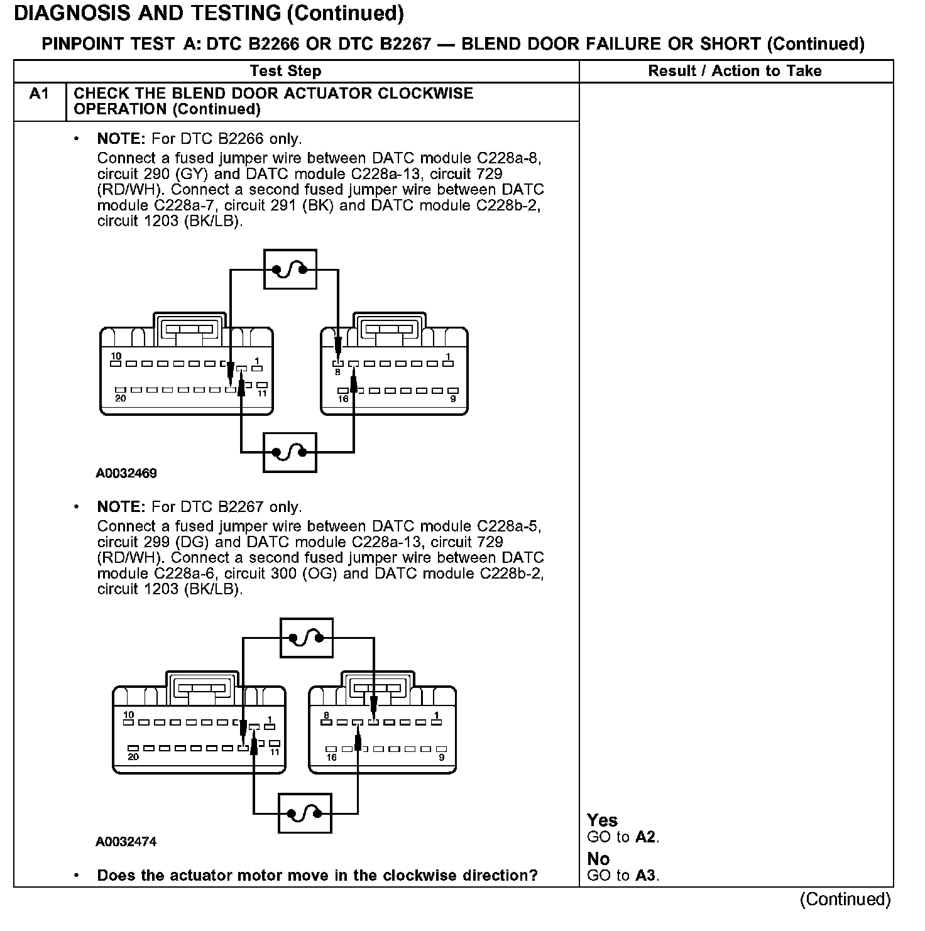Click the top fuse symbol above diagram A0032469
[290, 269]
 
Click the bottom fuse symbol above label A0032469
[290, 452]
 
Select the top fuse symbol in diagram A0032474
[306, 638]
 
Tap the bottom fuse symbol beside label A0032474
[305, 814]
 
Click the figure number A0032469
[126, 473]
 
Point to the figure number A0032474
[126, 842]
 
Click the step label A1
[39, 94]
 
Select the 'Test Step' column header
[285, 71]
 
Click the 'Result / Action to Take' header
[735, 71]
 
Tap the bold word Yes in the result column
[602, 820]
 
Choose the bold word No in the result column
[598, 859]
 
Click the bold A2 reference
[645, 837]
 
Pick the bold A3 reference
[645, 875]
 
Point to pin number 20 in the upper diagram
[119, 398]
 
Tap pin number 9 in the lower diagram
[441, 757]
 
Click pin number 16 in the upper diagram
[343, 398]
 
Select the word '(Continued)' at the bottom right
[845, 900]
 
